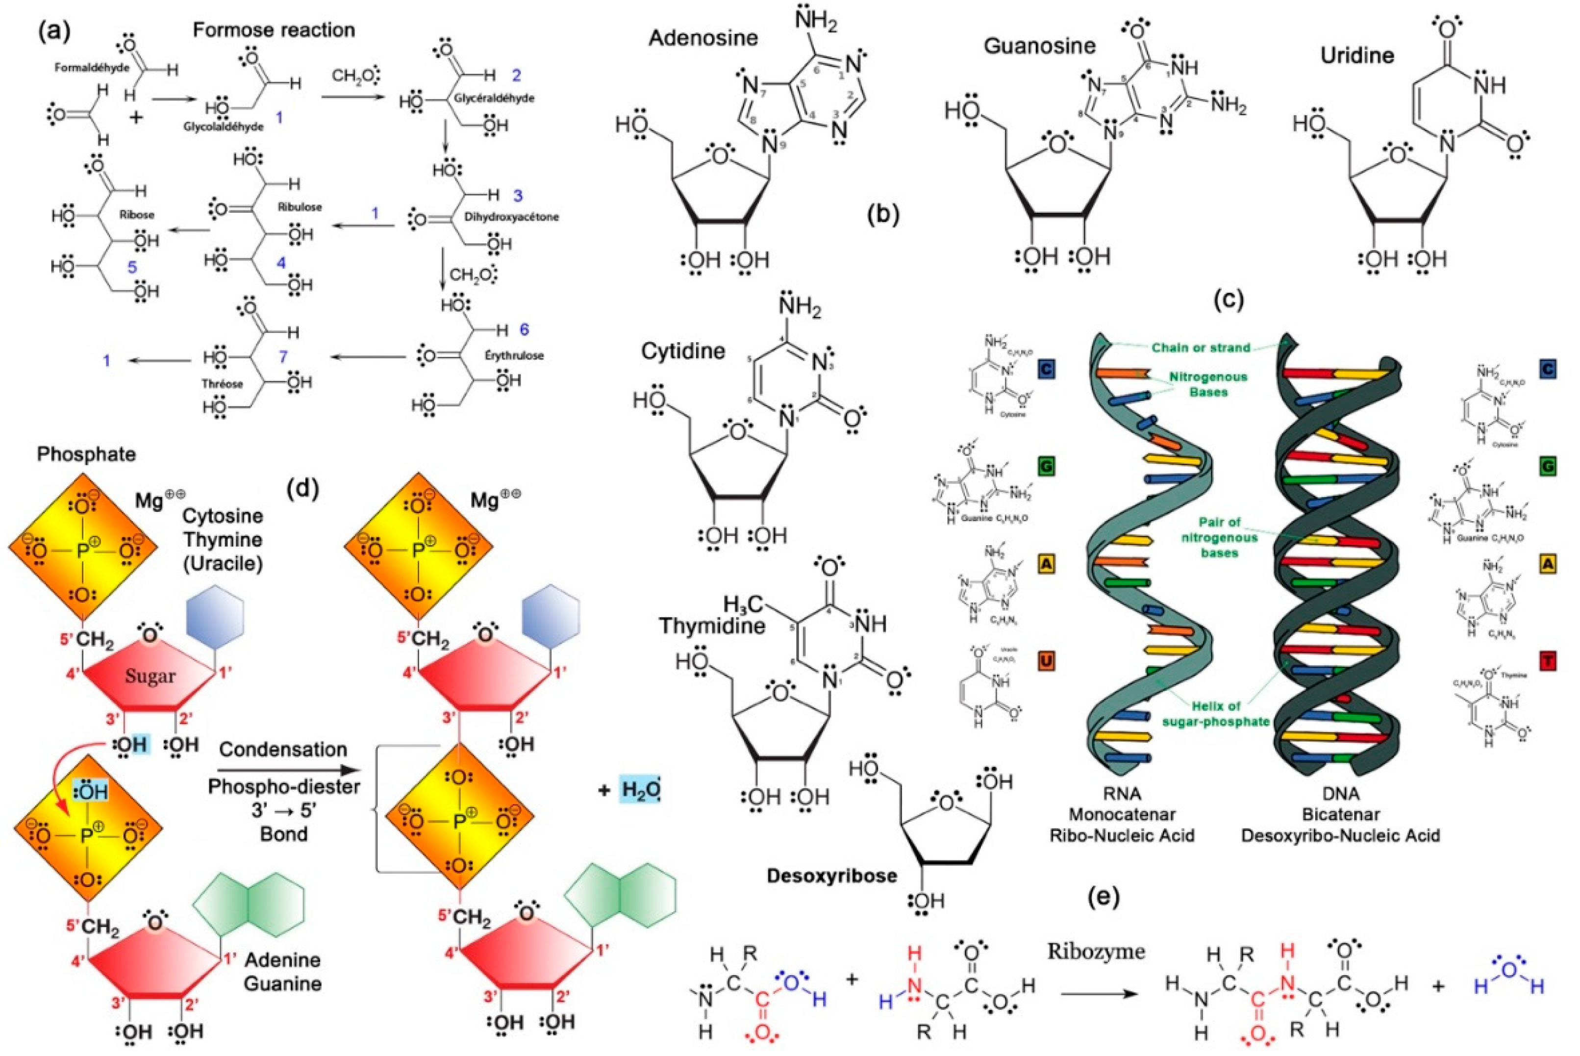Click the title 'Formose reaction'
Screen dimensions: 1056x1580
pos(274,30)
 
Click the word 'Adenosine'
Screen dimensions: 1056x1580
pos(703,38)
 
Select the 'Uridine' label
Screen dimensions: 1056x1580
pos(1357,55)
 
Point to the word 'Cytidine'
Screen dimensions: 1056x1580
pos(683,351)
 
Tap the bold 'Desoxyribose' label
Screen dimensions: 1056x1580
pos(832,876)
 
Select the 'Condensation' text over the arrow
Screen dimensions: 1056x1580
pos(283,750)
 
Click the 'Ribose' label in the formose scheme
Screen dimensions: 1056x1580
pos(137,215)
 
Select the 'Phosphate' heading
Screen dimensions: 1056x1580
pos(86,454)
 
